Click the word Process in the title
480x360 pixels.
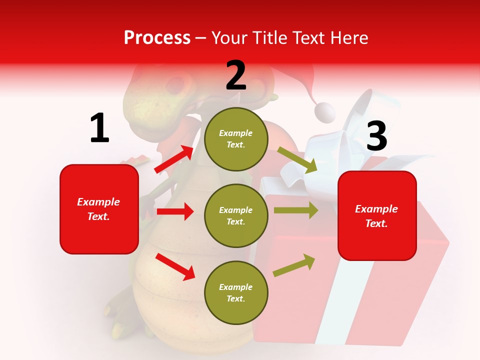tap(157, 38)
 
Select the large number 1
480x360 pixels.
tap(99, 128)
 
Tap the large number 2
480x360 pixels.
tap(236, 75)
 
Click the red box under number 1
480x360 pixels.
tap(99, 209)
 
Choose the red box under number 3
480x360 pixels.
tap(377, 215)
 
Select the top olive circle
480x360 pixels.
tap(236, 139)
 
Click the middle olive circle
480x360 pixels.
tap(236, 216)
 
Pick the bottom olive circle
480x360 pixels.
tap(236, 293)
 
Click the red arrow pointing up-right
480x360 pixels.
tap(174, 159)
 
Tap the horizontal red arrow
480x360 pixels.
tap(175, 211)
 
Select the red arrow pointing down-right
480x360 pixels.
tap(175, 266)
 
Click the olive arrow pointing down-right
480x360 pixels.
tap(297, 159)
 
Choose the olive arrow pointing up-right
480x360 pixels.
tap(294, 265)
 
